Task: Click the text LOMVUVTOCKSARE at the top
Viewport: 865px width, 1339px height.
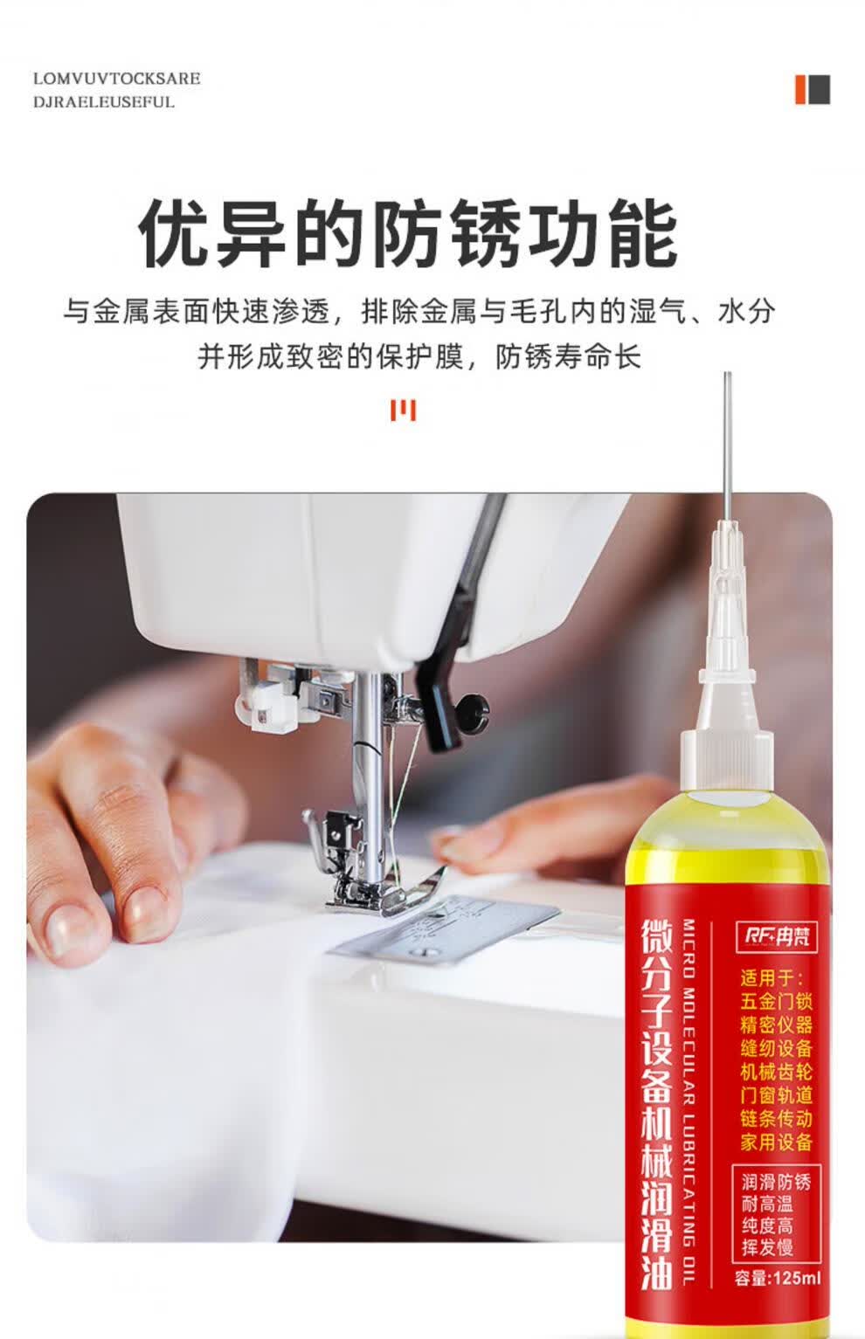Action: click(116, 79)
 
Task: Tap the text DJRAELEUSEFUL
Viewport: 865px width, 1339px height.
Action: click(104, 101)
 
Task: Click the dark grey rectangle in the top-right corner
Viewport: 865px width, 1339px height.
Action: click(819, 90)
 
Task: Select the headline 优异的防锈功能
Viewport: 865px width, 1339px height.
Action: click(408, 235)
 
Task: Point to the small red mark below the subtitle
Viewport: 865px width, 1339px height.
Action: click(404, 410)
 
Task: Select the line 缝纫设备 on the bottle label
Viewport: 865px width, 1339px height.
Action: click(777, 1048)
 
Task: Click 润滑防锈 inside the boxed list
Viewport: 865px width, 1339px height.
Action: click(776, 1182)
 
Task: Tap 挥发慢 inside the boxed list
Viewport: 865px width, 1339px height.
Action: click(767, 1247)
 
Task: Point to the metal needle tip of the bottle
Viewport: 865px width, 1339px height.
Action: click(727, 373)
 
